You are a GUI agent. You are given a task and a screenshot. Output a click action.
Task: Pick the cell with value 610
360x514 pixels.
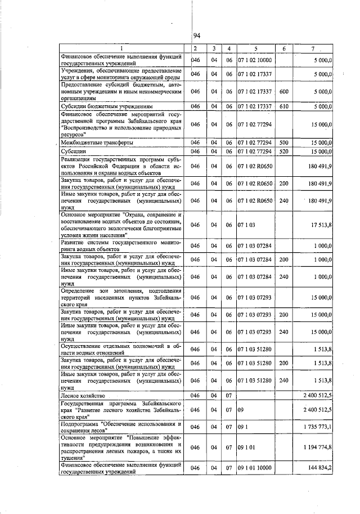click(x=284, y=105)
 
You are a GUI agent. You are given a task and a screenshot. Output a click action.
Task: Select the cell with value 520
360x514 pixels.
click(x=284, y=151)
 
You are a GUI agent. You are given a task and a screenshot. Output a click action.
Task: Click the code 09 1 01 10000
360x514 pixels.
click(x=254, y=468)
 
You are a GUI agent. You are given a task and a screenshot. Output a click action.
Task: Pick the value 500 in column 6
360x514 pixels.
click(x=284, y=143)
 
